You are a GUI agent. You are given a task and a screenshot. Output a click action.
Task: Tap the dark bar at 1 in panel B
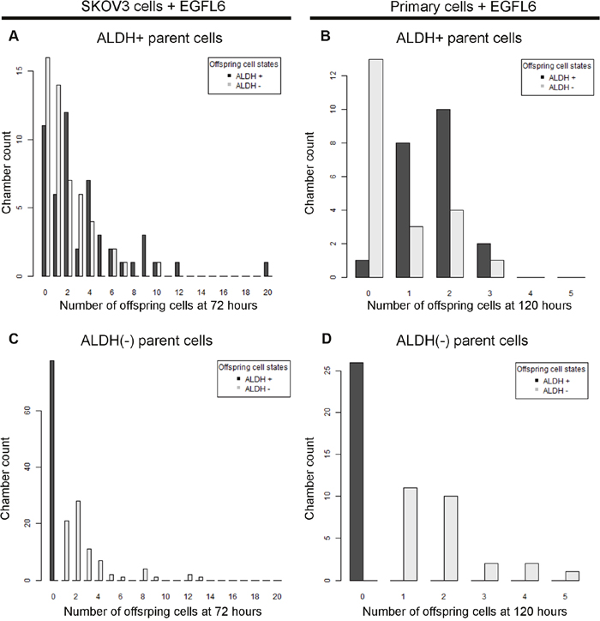coord(403,211)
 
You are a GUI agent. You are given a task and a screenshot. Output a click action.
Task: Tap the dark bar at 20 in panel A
coord(267,269)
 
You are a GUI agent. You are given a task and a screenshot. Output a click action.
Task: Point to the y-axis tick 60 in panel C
coord(28,412)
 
